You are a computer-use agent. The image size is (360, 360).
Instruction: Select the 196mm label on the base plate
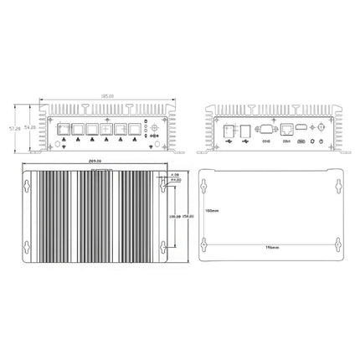click(271, 249)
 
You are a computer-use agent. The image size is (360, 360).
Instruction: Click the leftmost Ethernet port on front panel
click(63, 130)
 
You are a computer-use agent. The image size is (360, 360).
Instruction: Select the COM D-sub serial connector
click(265, 130)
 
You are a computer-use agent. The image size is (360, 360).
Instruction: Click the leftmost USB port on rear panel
click(229, 130)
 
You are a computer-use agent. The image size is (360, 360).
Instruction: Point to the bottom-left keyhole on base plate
click(204, 244)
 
